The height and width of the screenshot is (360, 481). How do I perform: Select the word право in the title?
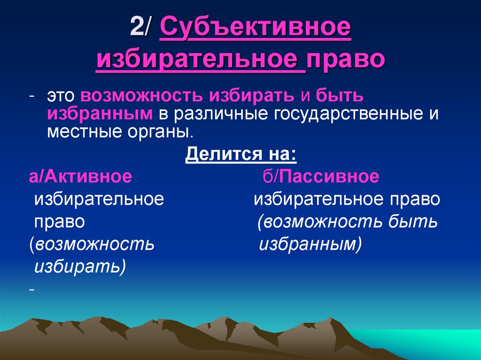345,60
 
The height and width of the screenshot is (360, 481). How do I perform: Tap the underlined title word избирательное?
200,60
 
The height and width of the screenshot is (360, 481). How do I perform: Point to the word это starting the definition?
62,96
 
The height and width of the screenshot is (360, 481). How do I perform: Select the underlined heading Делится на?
241,154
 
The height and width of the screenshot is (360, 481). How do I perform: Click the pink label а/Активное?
80,176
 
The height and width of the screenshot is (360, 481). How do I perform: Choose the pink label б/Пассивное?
320,176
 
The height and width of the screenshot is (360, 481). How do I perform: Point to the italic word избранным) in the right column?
310,245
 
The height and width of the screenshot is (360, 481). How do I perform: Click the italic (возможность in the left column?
91,245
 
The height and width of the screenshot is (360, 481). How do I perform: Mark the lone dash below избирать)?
31,290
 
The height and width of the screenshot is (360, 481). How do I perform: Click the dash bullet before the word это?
31,96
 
